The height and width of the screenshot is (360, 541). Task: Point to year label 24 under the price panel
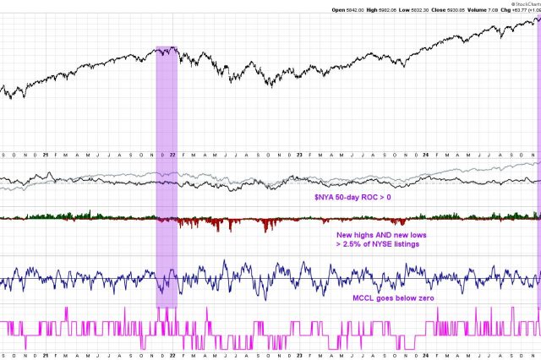tap(426, 154)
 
